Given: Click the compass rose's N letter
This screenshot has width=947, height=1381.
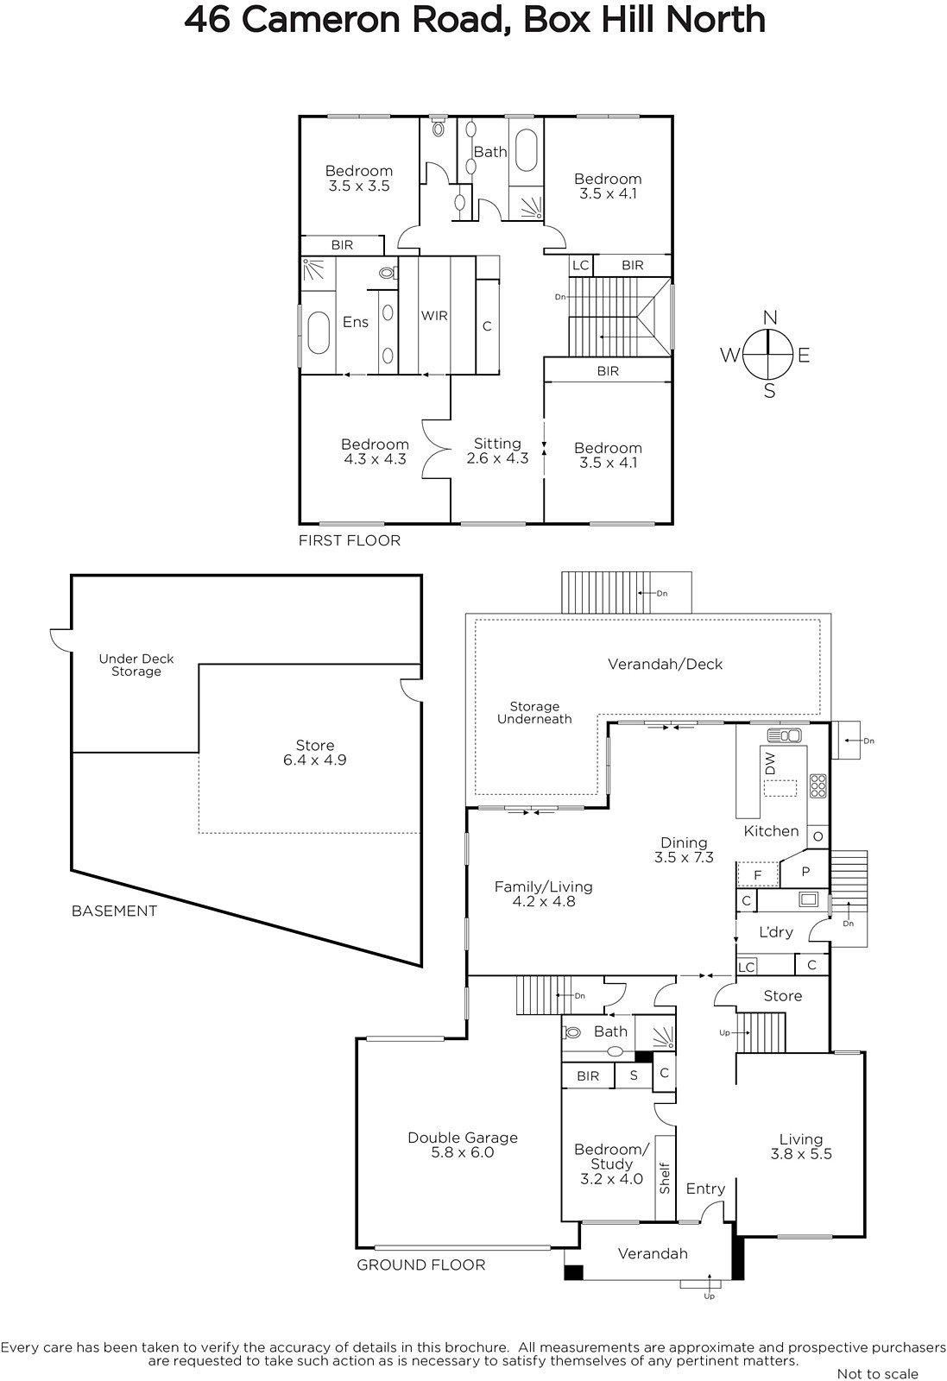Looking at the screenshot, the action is pos(769,318).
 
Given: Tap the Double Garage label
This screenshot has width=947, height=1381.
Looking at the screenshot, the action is pos(463,1138).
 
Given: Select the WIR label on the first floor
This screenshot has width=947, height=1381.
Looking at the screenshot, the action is pos(434,316).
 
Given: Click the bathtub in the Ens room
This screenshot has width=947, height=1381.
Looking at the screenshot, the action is pos(319,333).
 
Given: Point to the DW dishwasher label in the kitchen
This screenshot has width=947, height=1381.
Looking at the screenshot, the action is pos(770,763).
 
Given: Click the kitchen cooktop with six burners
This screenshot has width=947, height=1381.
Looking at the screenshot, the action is pos(818,786).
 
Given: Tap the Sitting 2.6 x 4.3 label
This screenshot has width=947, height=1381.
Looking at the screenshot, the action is pos(497,451).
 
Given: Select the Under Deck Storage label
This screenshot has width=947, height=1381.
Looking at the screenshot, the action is pos(136,665).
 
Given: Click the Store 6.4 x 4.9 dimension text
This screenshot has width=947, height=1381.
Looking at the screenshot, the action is pos(314,760).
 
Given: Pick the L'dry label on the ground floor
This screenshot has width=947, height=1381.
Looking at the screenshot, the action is pos(775,931).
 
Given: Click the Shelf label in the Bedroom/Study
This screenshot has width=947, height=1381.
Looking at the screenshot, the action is pos(665,1177).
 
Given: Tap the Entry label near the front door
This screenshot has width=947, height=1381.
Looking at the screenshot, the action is pos(705,1189).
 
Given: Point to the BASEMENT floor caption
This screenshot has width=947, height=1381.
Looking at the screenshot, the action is pos(114,911).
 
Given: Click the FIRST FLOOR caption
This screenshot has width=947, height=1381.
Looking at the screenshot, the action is pos(350,540).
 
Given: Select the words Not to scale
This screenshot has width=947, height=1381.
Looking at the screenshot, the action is pos(877,1373).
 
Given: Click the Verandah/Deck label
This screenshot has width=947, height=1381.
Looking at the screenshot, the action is pos(665,664).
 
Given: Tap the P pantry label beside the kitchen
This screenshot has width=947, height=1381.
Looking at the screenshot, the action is pos(805,871).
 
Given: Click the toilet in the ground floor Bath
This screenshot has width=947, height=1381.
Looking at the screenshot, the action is pos(572,1032).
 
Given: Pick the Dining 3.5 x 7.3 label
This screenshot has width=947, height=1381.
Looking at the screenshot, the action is pos(684,849).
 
